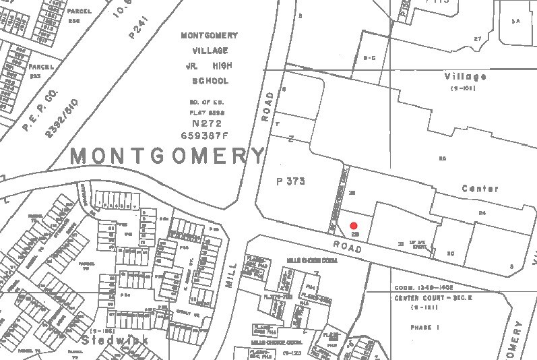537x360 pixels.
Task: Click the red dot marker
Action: (x=354, y=226)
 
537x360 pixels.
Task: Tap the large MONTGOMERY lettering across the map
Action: (x=168, y=156)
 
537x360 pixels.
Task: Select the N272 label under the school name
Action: (x=206, y=124)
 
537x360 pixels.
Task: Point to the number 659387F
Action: (x=206, y=135)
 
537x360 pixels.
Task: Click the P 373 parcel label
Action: (x=291, y=181)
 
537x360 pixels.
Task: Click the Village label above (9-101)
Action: (x=466, y=77)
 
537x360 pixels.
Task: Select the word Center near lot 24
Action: (x=480, y=189)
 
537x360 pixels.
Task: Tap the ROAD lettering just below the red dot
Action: (x=348, y=247)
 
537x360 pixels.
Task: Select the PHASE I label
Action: (x=424, y=327)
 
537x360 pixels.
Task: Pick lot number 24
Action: (x=482, y=213)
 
